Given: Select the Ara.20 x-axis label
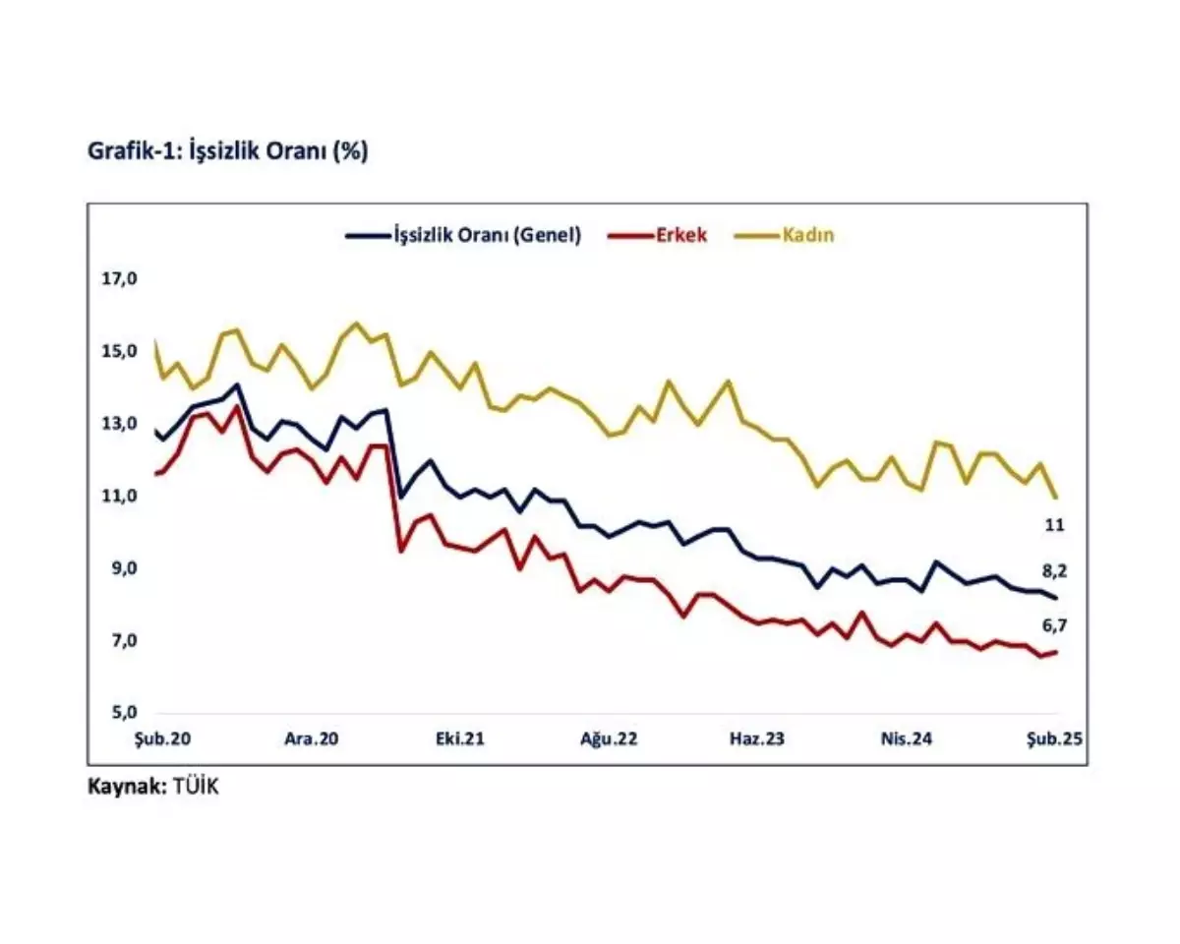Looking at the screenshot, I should coord(311,739).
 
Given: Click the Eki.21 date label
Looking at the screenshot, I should coord(459,739).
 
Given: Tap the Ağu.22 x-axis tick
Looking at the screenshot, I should coord(608,739).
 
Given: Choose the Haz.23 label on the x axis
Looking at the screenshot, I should coord(756,739).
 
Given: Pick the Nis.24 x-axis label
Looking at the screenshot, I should coord(905,739).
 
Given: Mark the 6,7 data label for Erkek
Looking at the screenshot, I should coord(1054,624).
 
